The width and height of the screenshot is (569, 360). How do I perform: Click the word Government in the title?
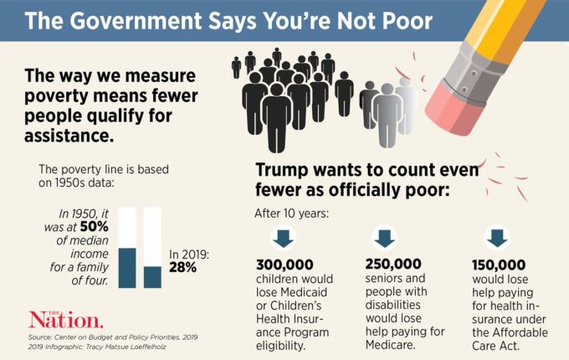click(x=149, y=21)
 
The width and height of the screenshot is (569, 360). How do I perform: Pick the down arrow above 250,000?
click(x=384, y=238)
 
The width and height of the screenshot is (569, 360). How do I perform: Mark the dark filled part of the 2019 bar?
click(x=152, y=276)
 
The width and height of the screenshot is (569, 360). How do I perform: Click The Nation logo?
click(x=66, y=319)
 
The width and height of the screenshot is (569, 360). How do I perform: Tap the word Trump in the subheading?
click(x=284, y=169)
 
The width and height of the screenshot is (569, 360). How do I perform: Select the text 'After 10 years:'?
click(x=292, y=212)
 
